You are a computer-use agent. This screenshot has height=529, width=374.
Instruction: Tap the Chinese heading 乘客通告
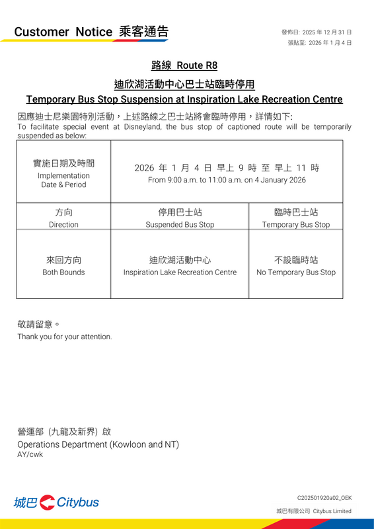pyautogui.click(x=144, y=31)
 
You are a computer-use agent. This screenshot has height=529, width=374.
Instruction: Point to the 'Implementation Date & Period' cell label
pyautogui.click(x=63, y=180)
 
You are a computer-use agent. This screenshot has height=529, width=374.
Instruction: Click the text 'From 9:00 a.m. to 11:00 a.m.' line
pyautogui.click(x=227, y=180)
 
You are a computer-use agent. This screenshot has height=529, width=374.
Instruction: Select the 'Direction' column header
pyautogui.click(x=63, y=225)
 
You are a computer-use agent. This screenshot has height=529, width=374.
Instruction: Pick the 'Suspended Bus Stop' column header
pyautogui.click(x=180, y=225)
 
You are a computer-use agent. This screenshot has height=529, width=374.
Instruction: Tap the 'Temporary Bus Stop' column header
pyautogui.click(x=295, y=225)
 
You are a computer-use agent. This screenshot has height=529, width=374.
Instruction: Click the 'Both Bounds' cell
pyautogui.click(x=63, y=272)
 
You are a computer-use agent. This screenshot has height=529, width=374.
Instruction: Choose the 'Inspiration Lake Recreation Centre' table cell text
pyautogui.click(x=180, y=272)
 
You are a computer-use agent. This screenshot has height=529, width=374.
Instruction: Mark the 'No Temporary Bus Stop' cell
pyautogui.click(x=295, y=272)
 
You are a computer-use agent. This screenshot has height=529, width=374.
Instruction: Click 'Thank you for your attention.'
pyautogui.click(x=65, y=337)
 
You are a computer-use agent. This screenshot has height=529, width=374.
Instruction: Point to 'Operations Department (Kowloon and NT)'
pyautogui.click(x=98, y=444)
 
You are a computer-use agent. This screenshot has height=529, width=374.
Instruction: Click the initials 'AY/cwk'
pyautogui.click(x=30, y=455)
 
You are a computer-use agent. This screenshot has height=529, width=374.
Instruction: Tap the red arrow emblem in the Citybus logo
pyautogui.click(x=47, y=503)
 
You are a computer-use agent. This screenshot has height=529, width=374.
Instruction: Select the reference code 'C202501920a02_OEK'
pyautogui.click(x=324, y=497)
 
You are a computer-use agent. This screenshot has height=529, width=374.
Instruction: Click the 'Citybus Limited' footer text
pyautogui.click(x=332, y=511)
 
